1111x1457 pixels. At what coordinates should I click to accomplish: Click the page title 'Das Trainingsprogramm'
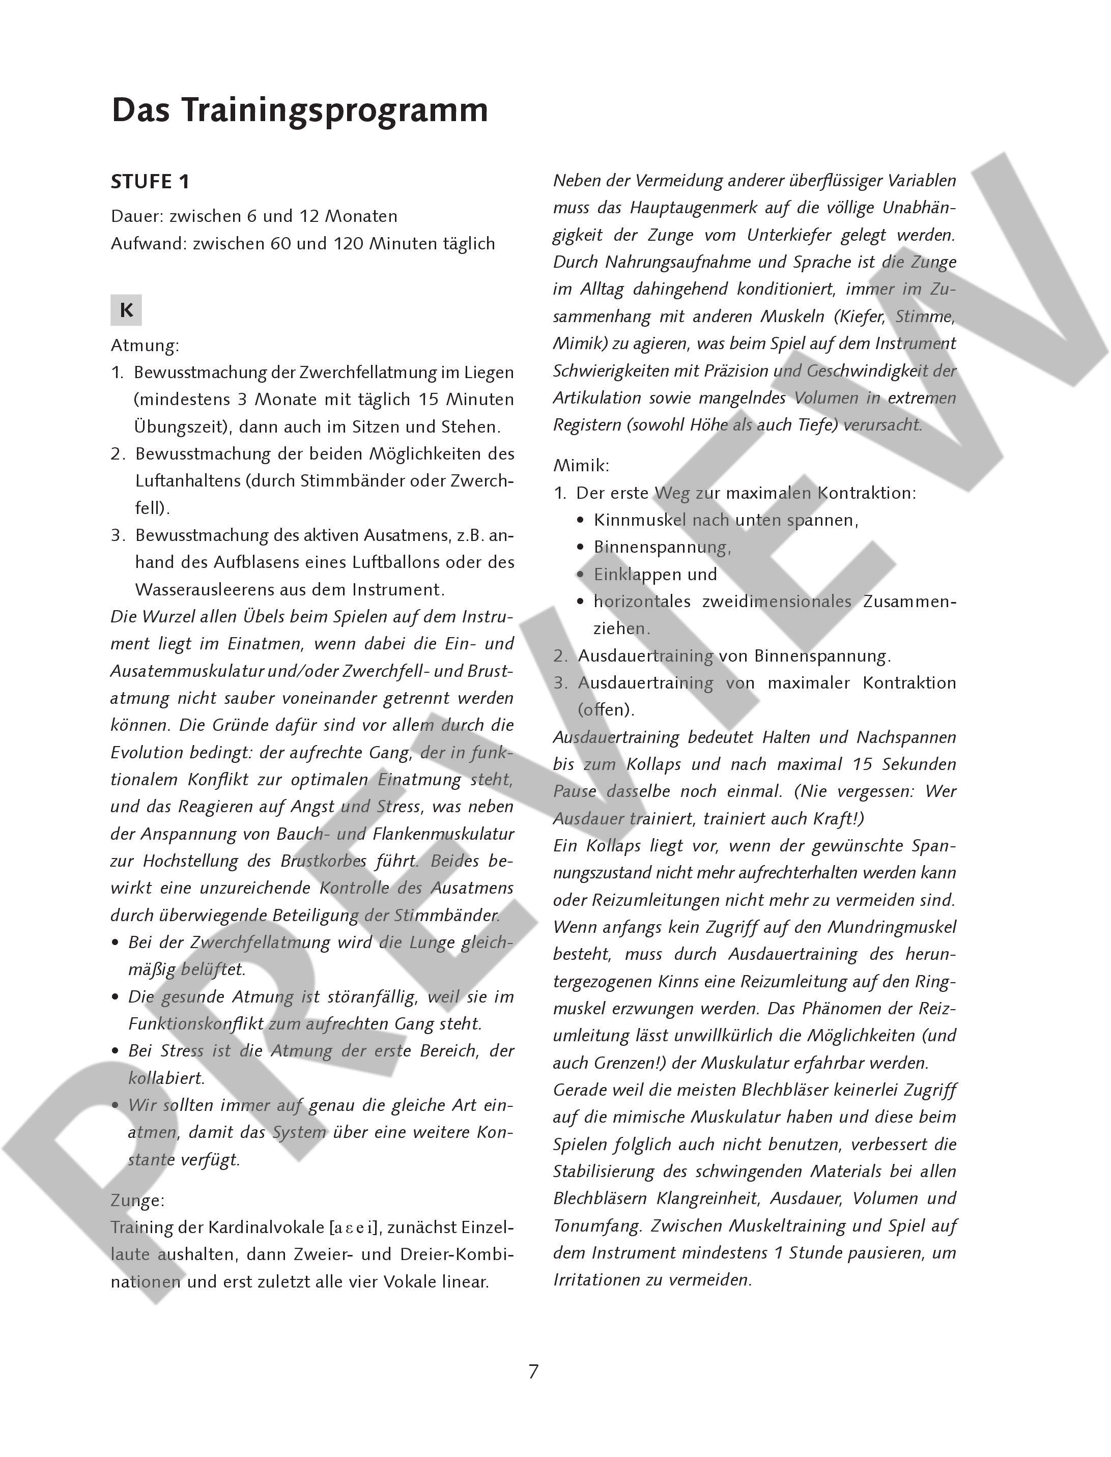click(300, 110)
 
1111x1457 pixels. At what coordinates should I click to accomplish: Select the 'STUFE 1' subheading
click(150, 182)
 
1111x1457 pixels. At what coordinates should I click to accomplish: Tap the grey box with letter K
click(126, 310)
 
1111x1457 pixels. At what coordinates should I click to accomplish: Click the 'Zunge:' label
click(137, 1201)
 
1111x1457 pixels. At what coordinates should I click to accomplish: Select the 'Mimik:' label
click(581, 466)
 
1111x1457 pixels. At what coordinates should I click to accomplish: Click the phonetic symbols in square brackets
click(353, 1228)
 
